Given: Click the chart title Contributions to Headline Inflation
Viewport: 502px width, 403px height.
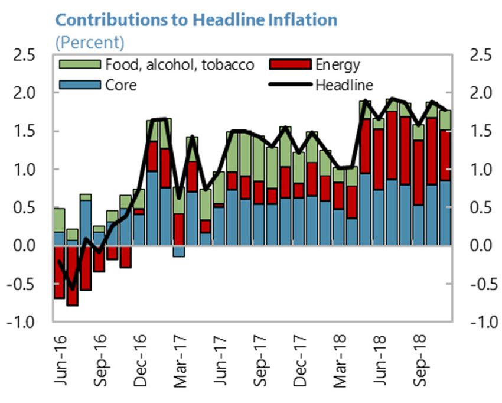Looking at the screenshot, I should [x=196, y=19].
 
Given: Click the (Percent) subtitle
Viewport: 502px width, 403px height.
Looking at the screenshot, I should [x=90, y=43].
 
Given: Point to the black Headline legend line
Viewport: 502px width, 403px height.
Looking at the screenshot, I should [x=291, y=85].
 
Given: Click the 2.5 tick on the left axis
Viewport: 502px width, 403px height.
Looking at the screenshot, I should [x=25, y=56].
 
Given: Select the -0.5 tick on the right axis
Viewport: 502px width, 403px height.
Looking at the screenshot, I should [x=483, y=284].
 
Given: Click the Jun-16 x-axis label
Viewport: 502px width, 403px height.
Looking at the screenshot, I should [x=60, y=360].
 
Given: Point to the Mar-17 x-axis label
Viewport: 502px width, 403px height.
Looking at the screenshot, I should [x=180, y=360].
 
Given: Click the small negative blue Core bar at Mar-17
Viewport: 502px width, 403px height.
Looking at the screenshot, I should [x=179, y=251].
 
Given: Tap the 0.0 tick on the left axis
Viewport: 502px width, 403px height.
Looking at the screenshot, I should [x=25, y=246].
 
